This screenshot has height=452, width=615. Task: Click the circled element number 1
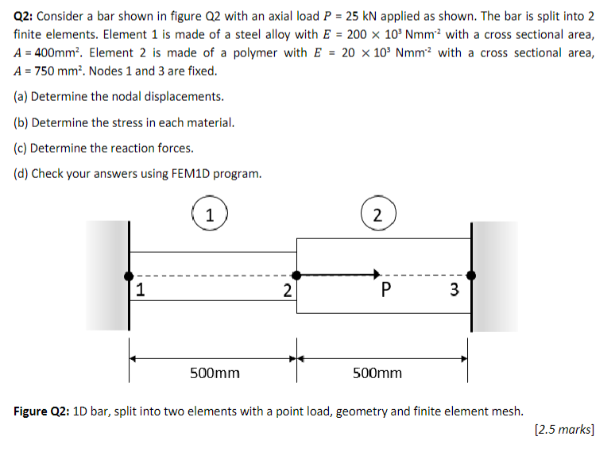(x=209, y=214)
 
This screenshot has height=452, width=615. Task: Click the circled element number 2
(x=377, y=214)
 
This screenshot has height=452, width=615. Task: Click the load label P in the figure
(x=385, y=290)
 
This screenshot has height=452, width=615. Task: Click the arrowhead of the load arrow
(x=377, y=275)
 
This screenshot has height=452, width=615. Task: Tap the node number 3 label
(x=454, y=290)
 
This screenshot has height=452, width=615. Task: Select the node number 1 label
(x=140, y=290)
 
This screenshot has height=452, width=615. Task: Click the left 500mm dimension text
(x=215, y=373)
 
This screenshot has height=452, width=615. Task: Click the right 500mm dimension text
(x=377, y=373)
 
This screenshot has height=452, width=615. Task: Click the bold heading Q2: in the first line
(x=25, y=16)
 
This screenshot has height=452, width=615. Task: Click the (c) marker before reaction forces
(x=21, y=148)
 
